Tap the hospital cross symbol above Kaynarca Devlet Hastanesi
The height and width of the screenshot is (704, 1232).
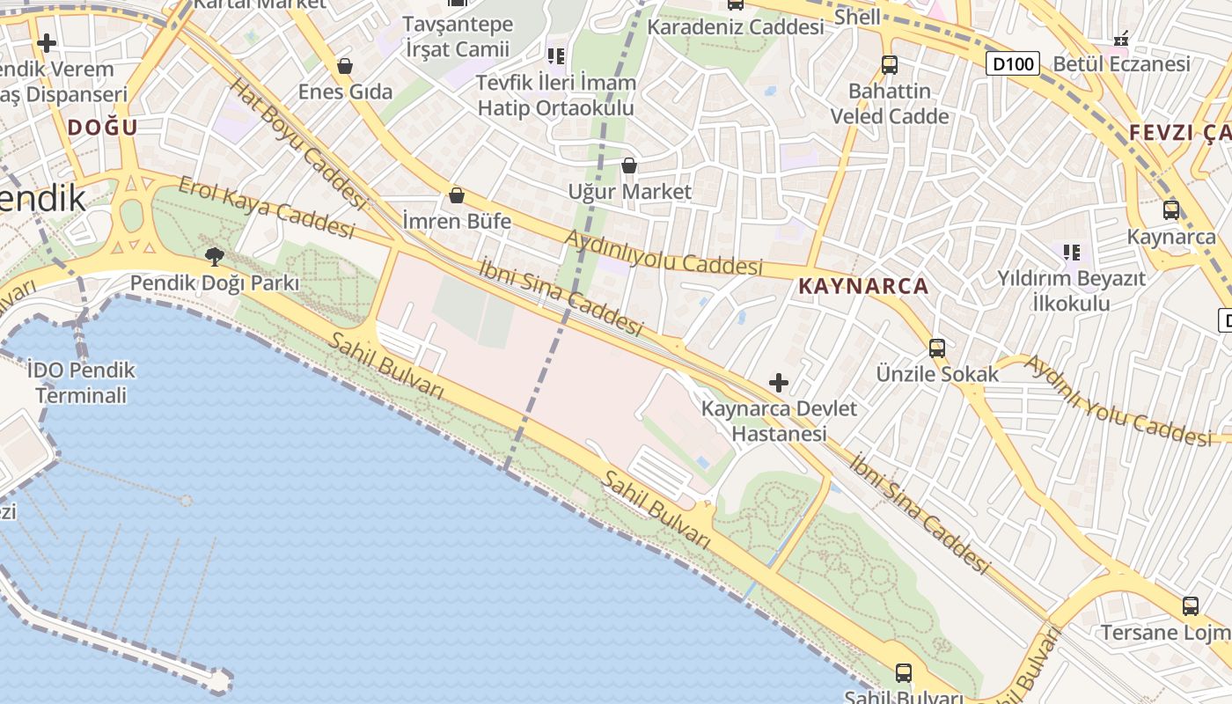click(779, 383)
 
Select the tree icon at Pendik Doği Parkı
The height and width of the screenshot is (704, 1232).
click(214, 257)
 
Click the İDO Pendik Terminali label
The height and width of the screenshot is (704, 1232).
click(81, 383)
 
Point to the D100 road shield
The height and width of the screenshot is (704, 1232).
click(1012, 63)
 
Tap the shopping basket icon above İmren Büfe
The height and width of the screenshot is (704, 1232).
click(457, 195)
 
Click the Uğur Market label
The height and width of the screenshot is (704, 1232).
click(629, 191)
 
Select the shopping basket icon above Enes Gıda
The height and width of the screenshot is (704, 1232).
click(345, 66)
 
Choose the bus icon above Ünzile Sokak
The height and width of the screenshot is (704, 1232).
click(937, 348)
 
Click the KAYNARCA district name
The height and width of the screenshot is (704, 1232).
click(863, 286)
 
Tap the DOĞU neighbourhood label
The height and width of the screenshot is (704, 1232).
click(103, 127)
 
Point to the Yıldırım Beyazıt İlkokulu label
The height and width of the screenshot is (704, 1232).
click(1071, 291)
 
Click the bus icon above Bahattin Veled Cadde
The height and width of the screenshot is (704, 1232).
click(890, 65)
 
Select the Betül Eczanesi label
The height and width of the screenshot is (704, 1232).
click(1121, 63)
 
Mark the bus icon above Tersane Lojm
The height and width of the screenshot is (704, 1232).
click(1191, 605)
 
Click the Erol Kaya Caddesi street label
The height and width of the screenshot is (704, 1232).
click(266, 207)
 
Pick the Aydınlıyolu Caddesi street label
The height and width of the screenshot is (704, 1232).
click(664, 253)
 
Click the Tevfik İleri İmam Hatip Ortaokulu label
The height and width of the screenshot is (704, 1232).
click(555, 96)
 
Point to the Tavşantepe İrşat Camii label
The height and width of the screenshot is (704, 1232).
click(458, 37)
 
